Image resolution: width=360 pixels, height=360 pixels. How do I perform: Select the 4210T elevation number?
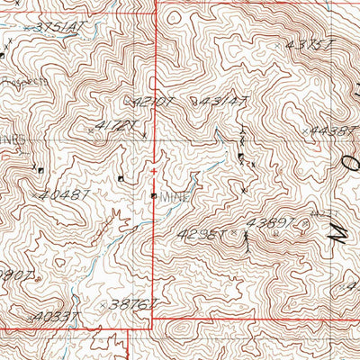pyautogui.click(x=154, y=102)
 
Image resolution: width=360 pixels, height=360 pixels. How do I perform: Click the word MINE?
pyautogui.click(x=174, y=194)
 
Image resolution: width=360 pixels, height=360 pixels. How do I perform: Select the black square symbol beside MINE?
pyautogui.click(x=154, y=194)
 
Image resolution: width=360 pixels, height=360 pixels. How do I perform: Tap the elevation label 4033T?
pyautogui.click(x=55, y=317)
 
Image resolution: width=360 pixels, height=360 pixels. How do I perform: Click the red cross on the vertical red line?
pyautogui.click(x=155, y=170)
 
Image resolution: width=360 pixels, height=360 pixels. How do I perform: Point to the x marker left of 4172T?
pyautogui.click(x=92, y=131)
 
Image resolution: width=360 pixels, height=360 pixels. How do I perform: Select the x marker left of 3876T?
pyautogui.click(x=105, y=303)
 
